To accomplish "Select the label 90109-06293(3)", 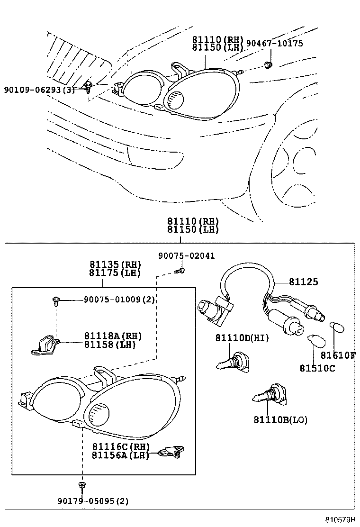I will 39,90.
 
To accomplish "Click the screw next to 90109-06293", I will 89,86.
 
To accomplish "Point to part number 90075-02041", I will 186,256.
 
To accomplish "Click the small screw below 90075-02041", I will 180,271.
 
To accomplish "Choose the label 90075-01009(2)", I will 119,299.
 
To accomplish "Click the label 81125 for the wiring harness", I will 304,282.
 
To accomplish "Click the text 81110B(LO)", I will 280,420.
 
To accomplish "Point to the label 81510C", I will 317,368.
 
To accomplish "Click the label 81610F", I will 338,355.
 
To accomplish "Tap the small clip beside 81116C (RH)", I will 173,453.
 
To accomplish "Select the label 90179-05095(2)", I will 86,501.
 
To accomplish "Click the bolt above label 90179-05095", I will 82,484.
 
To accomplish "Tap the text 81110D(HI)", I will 242,338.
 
